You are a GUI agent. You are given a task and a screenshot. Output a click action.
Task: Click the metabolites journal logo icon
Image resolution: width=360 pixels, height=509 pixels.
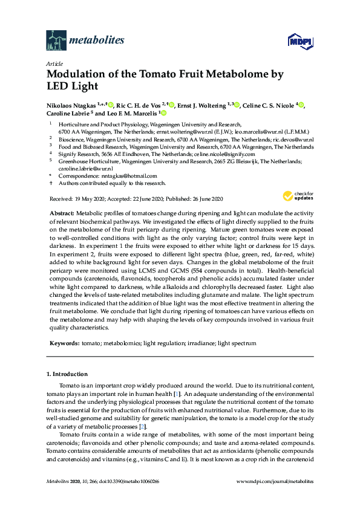(56, 41)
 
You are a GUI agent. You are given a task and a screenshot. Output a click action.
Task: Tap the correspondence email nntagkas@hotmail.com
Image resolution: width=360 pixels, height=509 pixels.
(113, 176)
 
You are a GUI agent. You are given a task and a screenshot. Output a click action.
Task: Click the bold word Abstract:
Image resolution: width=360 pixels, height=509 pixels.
(61, 214)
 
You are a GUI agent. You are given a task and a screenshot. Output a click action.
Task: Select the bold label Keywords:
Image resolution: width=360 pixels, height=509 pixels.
(64, 343)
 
